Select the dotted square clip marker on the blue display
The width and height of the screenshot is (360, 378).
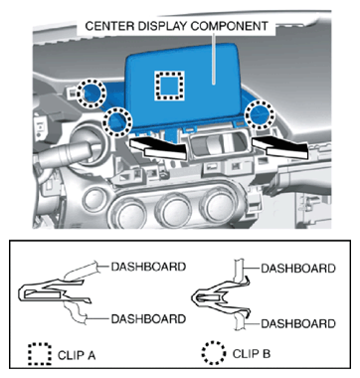click(x=170, y=86)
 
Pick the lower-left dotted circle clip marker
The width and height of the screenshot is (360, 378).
click(x=118, y=121)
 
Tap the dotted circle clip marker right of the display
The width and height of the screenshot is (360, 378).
click(x=260, y=115)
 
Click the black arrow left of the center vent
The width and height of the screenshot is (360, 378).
click(x=159, y=148)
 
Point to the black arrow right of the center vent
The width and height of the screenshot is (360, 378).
click(x=281, y=148)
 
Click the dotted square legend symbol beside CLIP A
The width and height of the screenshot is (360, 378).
click(x=40, y=354)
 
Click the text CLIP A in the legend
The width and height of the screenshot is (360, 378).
click(x=77, y=355)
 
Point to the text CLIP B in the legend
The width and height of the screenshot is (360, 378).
click(x=252, y=353)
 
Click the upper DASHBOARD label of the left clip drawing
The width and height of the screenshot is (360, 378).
click(x=148, y=267)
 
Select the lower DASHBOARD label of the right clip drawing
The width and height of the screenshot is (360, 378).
click(x=298, y=323)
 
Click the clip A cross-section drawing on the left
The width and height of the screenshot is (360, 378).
click(x=55, y=291)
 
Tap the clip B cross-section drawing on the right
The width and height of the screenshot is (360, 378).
click(x=220, y=296)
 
